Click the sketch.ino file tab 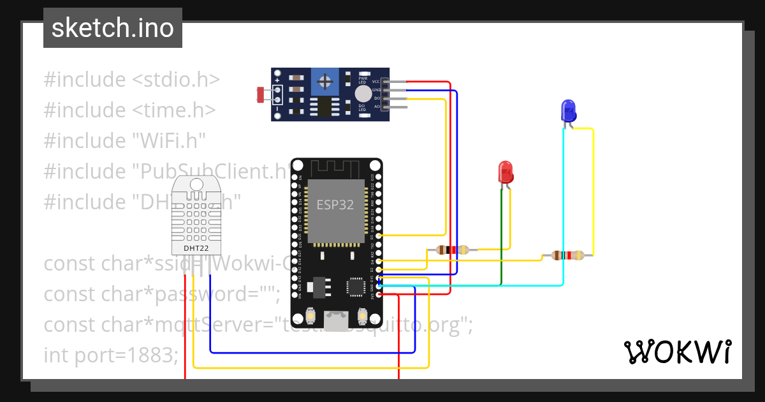point(112,28)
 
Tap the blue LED point(567,110)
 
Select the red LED point(506,172)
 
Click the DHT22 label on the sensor point(196,248)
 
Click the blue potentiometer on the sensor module point(326,81)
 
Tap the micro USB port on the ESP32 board point(336,317)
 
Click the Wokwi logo point(677,352)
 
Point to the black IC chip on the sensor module point(325,107)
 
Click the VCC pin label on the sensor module point(376,82)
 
